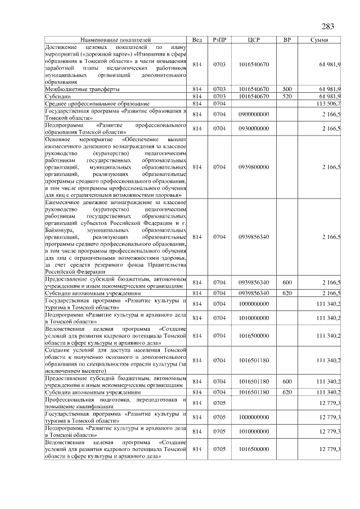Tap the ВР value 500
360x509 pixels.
click(287, 89)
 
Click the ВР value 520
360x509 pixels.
click(287, 97)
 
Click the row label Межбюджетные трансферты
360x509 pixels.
click(82, 89)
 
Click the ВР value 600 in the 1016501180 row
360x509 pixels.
click(287, 382)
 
